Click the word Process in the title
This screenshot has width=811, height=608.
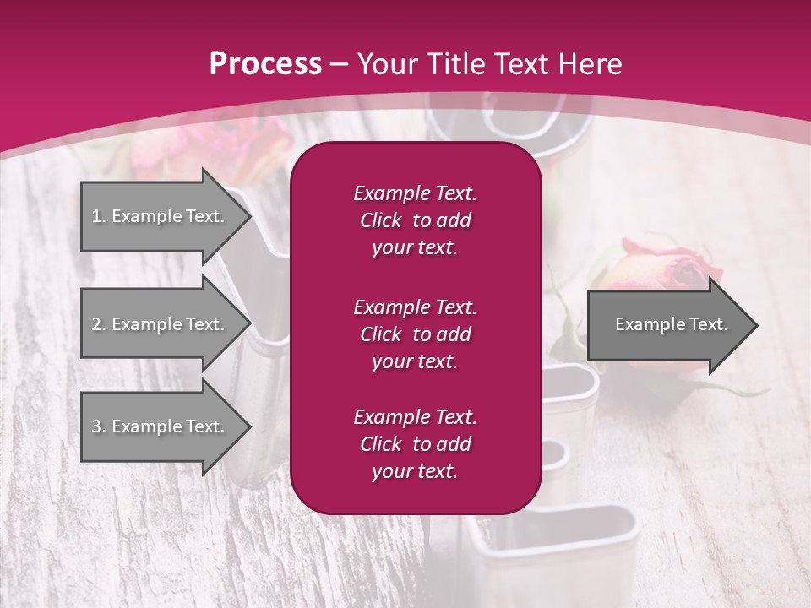pos(265,64)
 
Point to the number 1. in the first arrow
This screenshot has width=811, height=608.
pos(99,216)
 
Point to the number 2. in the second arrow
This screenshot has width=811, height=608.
pos(99,324)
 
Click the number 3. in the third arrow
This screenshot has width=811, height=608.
pos(99,426)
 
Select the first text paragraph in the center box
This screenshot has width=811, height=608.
pos(415,220)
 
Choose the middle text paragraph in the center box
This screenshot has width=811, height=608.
pos(415,334)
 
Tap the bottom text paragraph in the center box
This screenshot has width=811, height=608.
pos(415,444)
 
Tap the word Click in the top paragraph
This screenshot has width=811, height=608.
pos(381,220)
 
